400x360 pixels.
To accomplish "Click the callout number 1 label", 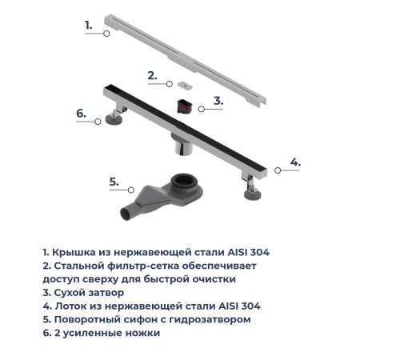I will (89, 25).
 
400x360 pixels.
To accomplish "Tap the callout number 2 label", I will (152, 76).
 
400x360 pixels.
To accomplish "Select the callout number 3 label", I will (218, 101).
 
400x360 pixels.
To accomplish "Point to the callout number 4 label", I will (295, 162).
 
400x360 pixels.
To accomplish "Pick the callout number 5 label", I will (114, 182).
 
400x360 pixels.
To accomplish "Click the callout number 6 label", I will (81, 114).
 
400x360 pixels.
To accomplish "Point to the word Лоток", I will (71, 306).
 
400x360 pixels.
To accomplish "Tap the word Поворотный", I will (90, 319).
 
